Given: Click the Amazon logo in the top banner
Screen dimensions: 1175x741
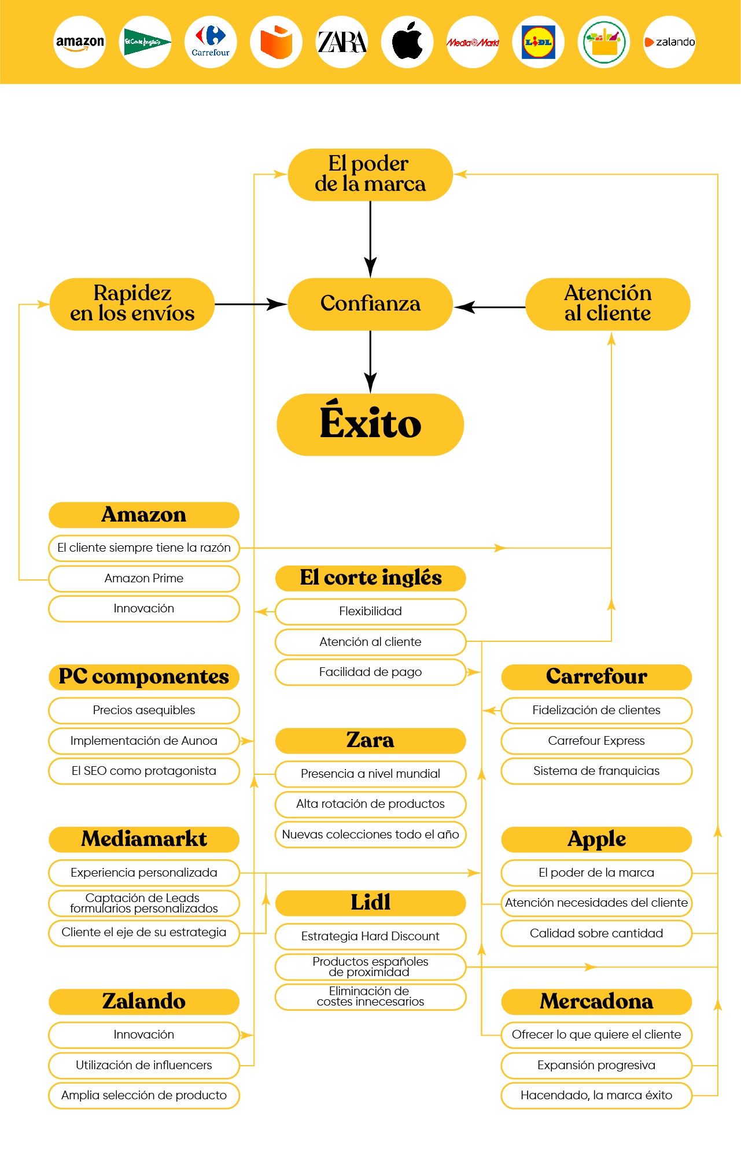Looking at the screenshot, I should click(x=80, y=42).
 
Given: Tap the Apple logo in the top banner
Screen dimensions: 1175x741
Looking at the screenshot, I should click(x=407, y=42).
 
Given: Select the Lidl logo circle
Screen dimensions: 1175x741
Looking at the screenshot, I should click(x=538, y=42).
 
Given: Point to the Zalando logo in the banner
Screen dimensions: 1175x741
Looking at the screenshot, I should click(x=669, y=42).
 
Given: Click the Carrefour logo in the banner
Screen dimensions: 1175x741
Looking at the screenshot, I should click(x=211, y=42).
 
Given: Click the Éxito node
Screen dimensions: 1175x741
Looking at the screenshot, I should click(x=370, y=424).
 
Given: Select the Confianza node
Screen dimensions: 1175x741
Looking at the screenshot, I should click(x=370, y=304).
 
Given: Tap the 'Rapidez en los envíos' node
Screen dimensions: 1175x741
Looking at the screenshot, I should click(x=132, y=304).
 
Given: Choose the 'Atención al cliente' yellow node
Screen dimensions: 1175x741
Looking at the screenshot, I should click(x=607, y=304).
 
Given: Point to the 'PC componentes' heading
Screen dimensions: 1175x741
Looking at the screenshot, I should click(x=144, y=677).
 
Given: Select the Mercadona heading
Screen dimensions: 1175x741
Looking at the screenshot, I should click(x=596, y=1002).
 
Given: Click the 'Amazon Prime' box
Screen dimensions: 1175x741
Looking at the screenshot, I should click(x=144, y=578).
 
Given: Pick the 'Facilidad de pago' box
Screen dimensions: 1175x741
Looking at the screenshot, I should click(x=370, y=672).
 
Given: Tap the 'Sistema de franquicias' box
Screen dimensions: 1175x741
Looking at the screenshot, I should click(x=596, y=771).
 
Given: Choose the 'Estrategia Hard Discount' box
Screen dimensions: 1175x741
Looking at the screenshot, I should click(x=370, y=936).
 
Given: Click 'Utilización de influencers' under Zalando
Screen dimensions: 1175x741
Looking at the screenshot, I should click(x=144, y=1065).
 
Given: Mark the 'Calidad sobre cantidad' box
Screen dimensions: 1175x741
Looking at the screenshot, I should click(x=596, y=933).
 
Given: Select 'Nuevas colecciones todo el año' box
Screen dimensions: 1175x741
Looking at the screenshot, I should click(x=370, y=834).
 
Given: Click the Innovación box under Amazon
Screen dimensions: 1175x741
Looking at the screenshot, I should click(x=144, y=608).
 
